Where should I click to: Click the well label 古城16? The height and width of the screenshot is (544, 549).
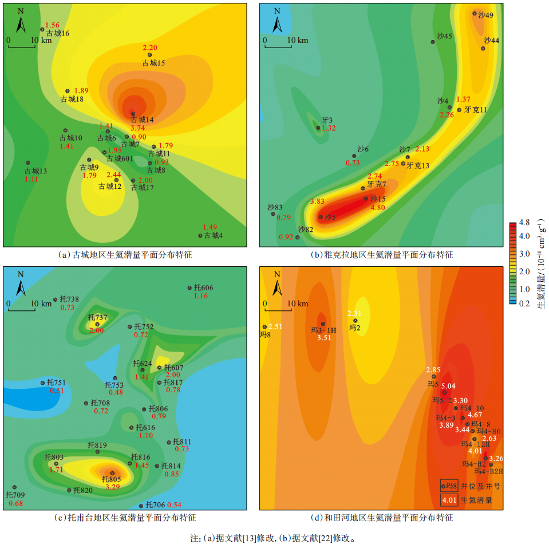tap(58, 34)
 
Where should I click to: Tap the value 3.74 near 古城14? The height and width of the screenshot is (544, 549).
tap(137, 128)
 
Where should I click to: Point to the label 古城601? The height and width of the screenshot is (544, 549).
tap(120, 159)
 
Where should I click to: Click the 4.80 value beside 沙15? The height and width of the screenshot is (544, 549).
tap(377, 208)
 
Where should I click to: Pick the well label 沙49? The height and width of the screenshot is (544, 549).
tap(485, 15)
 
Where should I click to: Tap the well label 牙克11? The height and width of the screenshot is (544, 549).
tap(475, 109)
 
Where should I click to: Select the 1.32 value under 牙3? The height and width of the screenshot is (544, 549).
tap(329, 128)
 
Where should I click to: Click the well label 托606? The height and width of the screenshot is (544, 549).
tap(203, 287)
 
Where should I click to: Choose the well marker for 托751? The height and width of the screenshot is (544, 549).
tap(43, 383)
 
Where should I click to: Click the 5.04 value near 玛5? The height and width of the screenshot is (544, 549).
tap(448, 387)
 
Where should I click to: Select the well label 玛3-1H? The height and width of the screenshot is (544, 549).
tap(323, 330)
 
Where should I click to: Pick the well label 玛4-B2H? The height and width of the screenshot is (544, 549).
tap(488, 472)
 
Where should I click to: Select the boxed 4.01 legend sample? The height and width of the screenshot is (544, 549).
tap(448, 500)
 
